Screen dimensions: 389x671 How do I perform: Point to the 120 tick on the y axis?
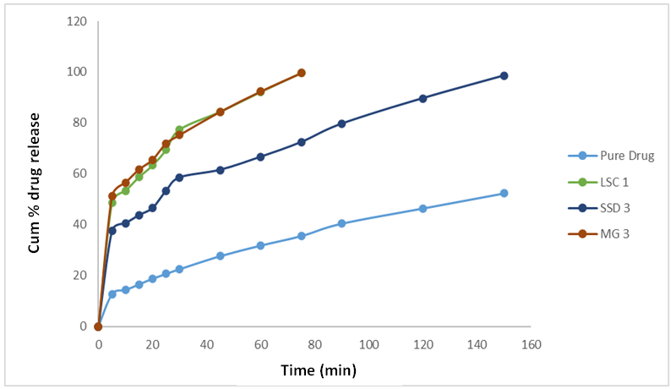[x=77, y=21]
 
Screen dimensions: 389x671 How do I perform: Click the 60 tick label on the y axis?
[x=79, y=173]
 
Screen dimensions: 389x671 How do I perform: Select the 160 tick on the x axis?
[x=531, y=345]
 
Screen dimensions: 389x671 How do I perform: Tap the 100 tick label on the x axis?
[x=368, y=345]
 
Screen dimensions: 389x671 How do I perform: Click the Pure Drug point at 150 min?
[x=505, y=193]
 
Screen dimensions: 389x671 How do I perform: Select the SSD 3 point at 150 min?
[x=505, y=75]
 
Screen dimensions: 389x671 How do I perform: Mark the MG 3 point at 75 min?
[x=302, y=73]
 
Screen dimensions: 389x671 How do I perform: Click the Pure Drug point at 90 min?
[x=342, y=223]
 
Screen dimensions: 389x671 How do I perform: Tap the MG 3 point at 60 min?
[x=261, y=91]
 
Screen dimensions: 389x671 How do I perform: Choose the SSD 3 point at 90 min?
[x=342, y=123]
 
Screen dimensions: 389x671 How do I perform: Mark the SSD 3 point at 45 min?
[x=221, y=170]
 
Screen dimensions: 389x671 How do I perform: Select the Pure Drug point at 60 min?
[x=261, y=245]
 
